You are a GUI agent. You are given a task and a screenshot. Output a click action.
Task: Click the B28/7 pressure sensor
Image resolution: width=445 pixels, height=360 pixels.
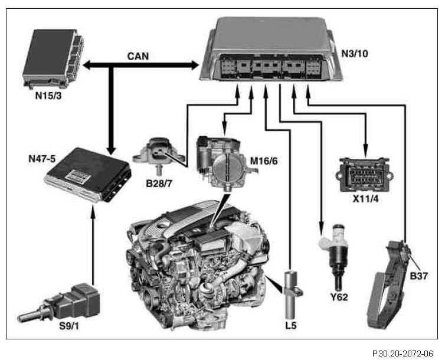click(155, 152)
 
